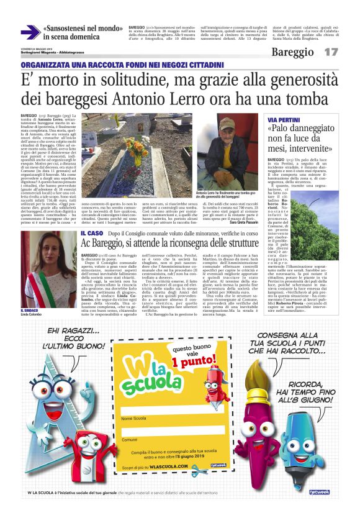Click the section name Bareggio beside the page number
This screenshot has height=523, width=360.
point(292,53)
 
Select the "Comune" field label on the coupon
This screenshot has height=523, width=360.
point(130,440)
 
